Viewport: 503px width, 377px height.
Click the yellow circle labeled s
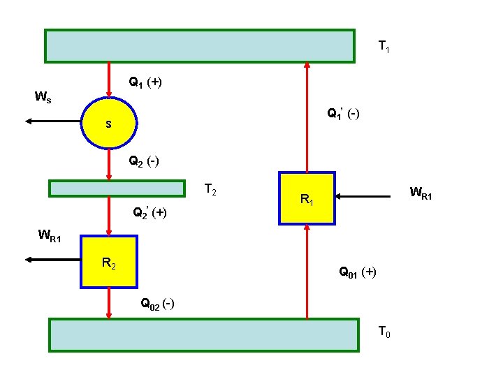(109, 124)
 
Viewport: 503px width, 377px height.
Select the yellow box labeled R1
(307, 198)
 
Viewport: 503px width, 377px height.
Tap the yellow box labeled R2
(109, 262)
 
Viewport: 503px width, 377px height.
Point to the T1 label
(384, 47)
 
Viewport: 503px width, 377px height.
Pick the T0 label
(384, 332)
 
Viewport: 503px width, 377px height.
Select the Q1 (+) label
(145, 82)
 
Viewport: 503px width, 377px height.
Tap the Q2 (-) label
(143, 162)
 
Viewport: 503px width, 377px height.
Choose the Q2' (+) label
(150, 212)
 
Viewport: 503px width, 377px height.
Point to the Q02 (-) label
(157, 304)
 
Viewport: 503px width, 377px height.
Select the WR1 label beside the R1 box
(421, 193)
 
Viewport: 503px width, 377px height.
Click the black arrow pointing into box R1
(363, 198)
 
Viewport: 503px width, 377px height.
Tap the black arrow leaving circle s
(53, 121)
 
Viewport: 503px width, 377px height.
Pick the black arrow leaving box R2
(53, 260)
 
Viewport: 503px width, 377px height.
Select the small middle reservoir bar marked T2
(117, 188)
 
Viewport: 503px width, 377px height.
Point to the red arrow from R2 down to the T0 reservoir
(109, 303)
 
